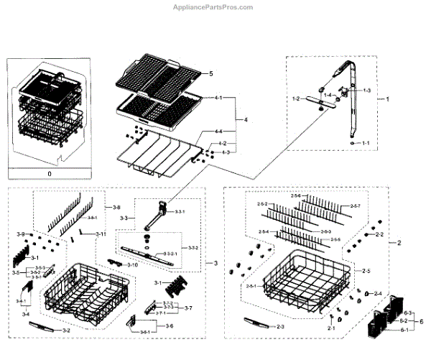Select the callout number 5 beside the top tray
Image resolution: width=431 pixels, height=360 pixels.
pos(211,74)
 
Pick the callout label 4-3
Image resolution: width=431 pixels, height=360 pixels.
pos(225,152)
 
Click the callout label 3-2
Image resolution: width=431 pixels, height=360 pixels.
pos(65,330)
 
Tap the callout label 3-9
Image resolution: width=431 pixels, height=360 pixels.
pos(21,235)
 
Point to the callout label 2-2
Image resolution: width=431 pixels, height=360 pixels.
pos(379,235)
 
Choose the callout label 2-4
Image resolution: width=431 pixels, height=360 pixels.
pos(377,293)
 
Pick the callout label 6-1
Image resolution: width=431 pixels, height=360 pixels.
pos(407,330)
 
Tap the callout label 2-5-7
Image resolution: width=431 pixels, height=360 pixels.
pos(356,206)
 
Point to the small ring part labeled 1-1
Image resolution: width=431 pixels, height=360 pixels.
pos(352,143)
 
